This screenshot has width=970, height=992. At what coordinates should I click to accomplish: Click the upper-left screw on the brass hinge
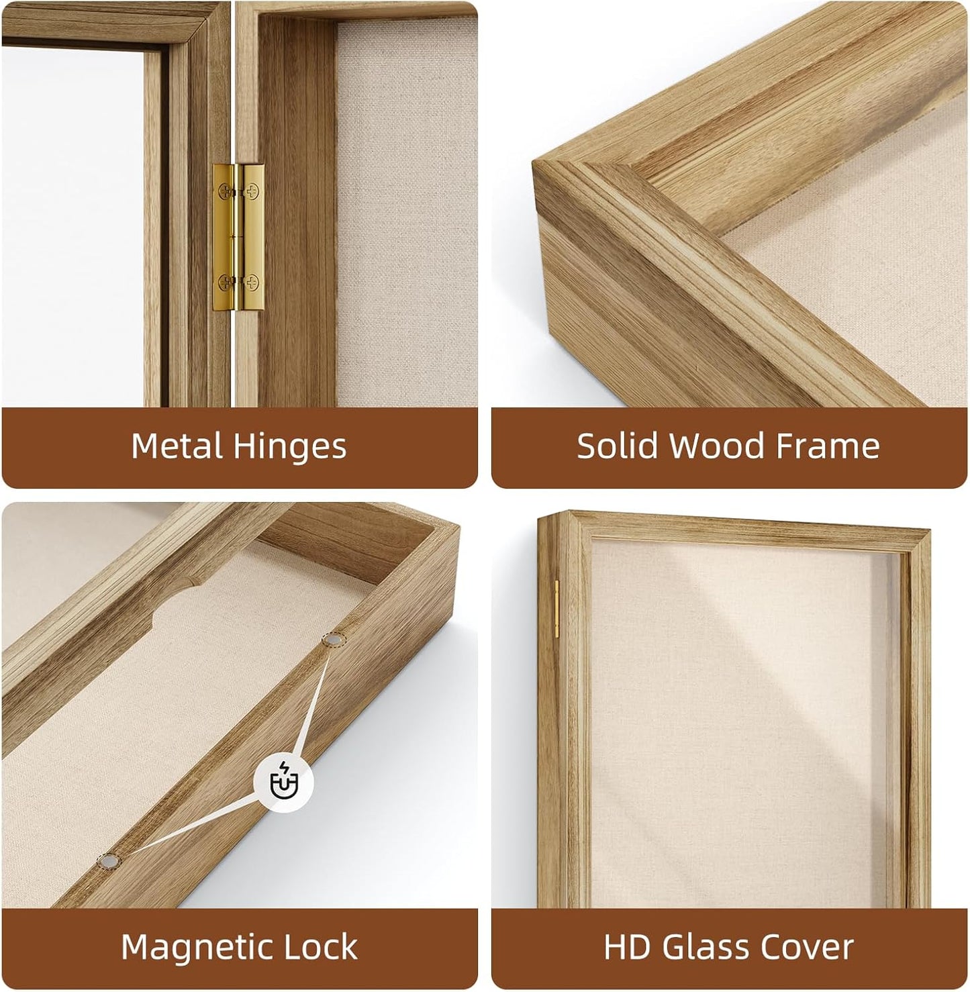[225, 192]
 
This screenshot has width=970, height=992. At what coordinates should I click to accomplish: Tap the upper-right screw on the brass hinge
[252, 192]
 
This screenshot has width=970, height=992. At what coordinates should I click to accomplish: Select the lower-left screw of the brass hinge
[225, 282]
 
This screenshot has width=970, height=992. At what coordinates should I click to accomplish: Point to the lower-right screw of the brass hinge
[252, 282]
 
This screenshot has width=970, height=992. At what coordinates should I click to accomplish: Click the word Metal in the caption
[177, 446]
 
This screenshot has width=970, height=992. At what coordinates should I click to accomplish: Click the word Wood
[717, 446]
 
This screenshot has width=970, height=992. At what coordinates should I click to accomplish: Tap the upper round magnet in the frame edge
[334, 639]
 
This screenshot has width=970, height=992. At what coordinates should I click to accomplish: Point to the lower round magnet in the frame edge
[109, 862]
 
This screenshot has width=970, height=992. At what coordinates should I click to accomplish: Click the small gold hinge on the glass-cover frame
[556, 609]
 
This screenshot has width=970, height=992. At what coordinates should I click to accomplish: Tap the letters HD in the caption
[626, 947]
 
